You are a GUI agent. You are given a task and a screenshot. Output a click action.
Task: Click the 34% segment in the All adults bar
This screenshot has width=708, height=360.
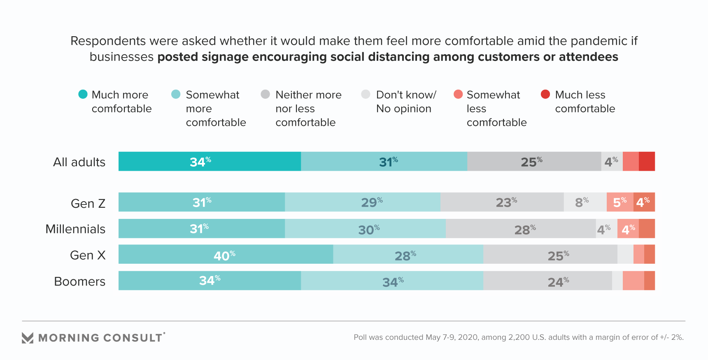[x=210, y=161]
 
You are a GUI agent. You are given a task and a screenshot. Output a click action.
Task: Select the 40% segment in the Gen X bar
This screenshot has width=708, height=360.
[x=226, y=254]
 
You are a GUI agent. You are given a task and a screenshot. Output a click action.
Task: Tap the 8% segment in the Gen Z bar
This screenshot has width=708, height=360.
[x=585, y=202]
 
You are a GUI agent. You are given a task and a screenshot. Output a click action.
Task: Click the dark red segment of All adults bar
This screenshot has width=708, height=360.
[x=647, y=161]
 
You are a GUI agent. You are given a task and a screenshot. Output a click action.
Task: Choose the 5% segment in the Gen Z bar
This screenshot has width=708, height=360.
[x=620, y=202]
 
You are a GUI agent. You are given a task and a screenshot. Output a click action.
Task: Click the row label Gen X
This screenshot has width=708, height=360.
[x=88, y=255]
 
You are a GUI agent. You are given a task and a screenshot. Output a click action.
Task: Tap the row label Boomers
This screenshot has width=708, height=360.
[x=80, y=281]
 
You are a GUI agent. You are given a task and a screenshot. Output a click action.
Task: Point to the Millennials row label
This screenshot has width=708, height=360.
[x=75, y=229]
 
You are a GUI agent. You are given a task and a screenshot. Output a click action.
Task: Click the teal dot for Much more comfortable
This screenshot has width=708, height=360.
[x=83, y=94]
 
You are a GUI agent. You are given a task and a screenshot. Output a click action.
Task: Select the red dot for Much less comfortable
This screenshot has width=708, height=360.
[x=545, y=94]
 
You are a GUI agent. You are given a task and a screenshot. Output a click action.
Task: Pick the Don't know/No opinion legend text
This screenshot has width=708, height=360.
[x=405, y=102]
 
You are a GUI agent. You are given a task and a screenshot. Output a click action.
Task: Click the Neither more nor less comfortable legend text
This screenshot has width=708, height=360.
[x=308, y=109]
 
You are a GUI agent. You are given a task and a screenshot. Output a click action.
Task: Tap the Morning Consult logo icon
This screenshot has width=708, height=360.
[x=28, y=338]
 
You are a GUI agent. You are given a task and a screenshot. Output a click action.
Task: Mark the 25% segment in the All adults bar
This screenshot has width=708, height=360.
[x=534, y=161]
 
